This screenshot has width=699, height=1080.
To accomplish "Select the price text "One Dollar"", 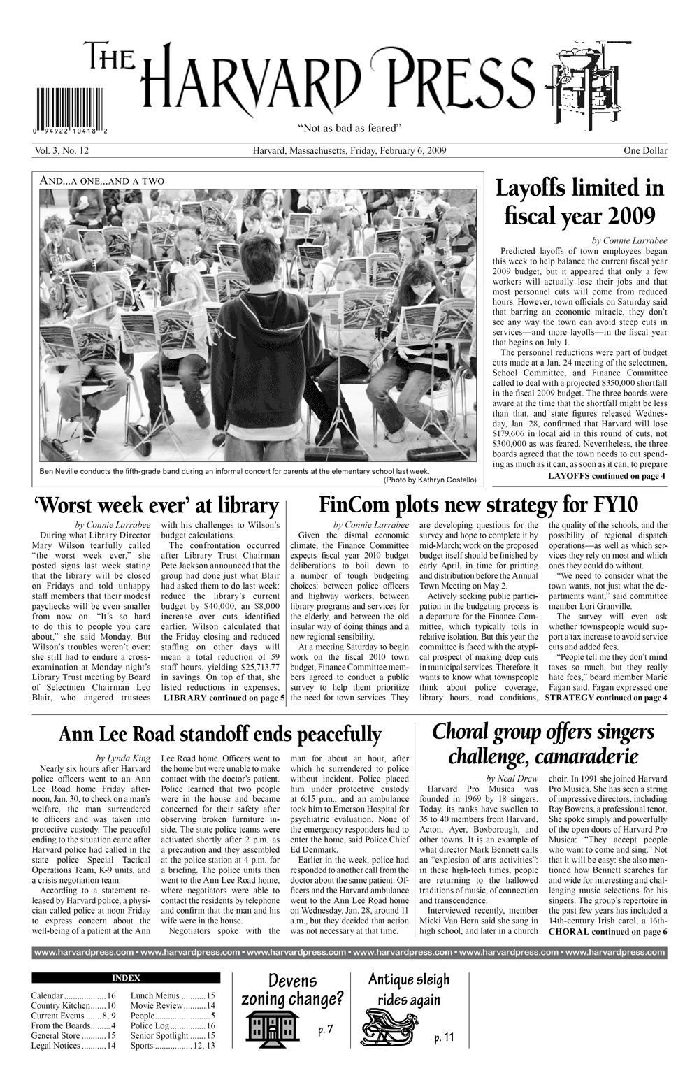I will point(646,150).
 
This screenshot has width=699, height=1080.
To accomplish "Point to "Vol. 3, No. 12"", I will point(59,150).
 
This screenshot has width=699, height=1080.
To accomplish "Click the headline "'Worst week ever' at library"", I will point(156,505).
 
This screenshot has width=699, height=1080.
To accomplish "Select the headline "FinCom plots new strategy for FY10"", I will point(478,505).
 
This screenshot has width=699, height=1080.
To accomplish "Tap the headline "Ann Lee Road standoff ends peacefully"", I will point(219,735).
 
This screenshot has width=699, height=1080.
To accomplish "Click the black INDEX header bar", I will point(126,978).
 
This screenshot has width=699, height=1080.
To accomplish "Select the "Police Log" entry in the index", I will point(173,1025).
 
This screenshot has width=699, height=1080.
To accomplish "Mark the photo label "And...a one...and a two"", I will point(103,181).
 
